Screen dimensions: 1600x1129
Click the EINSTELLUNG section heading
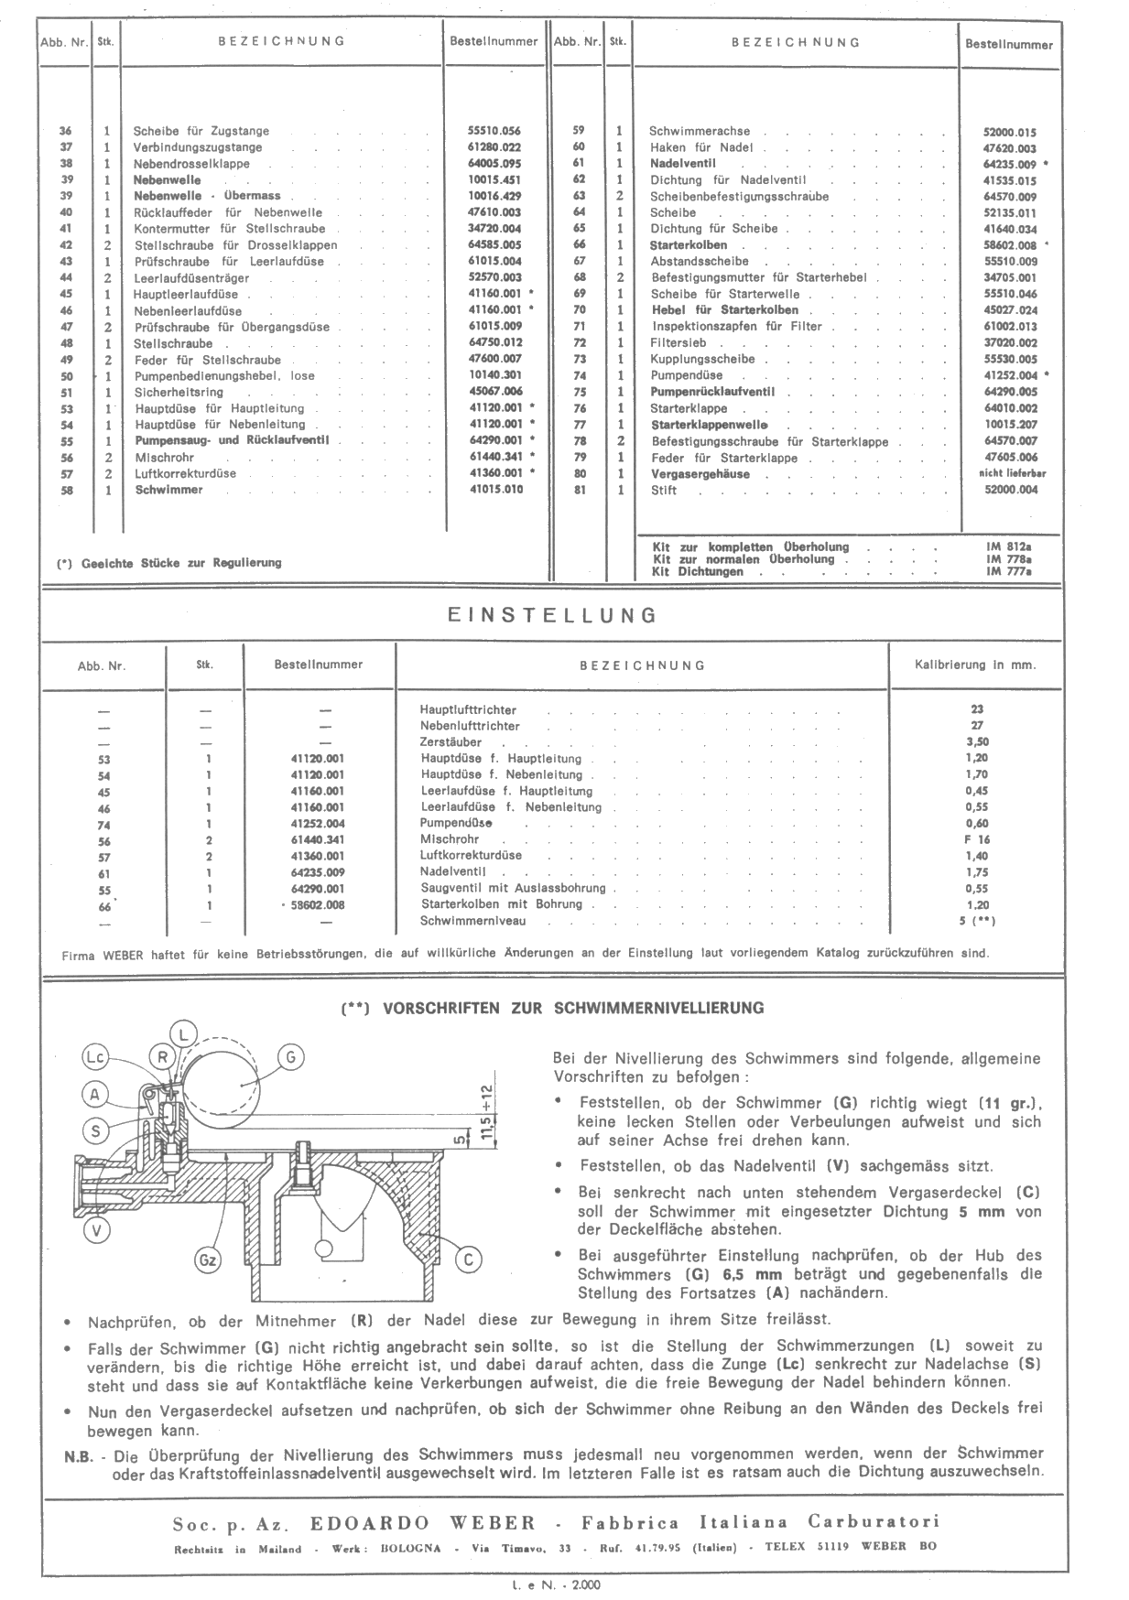[552, 616]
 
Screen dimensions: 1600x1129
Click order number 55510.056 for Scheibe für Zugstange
[494, 131]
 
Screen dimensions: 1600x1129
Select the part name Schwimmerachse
[686, 131]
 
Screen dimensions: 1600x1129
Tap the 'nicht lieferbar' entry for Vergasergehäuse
[1012, 474]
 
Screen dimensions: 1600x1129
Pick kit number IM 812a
[1009, 546]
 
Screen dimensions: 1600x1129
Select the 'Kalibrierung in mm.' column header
[975, 665]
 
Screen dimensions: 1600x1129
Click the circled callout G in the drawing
[289, 1058]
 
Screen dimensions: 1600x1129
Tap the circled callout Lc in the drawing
[95, 1058]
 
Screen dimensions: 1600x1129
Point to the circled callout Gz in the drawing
[209, 1260]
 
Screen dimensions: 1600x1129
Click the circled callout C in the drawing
[468, 1260]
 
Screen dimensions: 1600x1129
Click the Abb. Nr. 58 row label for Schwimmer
[66, 491]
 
